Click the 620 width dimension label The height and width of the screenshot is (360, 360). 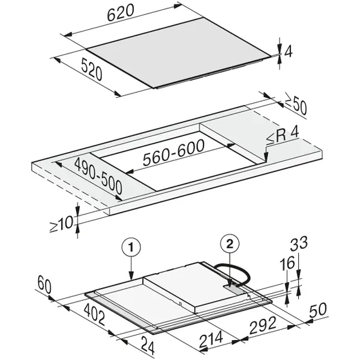tap(120, 13)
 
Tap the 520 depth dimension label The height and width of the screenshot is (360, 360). tap(91, 69)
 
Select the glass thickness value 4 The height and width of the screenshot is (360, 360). tap(289, 52)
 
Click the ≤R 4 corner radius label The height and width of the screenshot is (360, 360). tap(283, 137)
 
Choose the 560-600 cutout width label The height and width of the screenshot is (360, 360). tap(173, 152)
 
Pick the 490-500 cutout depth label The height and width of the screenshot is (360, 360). tap(99, 175)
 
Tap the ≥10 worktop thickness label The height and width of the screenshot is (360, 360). tap(61, 223)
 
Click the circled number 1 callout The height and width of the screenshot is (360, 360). tap(131, 248)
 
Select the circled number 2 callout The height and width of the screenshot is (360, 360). tap(230, 244)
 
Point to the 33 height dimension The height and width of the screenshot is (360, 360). tap(299, 244)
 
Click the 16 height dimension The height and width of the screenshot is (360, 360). tap(287, 263)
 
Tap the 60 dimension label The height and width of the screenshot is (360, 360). tap(44, 285)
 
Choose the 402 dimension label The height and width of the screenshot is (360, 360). tap(95, 314)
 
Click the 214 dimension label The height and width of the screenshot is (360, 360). tap(211, 339)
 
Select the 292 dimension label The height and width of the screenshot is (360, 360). tap(262, 325)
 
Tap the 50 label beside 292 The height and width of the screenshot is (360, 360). tap(317, 310)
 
